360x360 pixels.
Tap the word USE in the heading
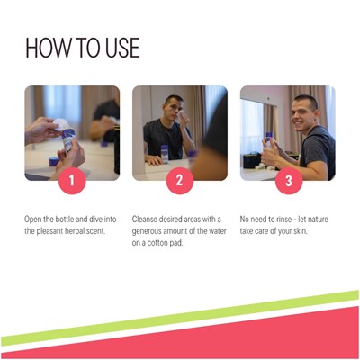tap(122, 48)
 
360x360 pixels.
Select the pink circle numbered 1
tap(72, 181)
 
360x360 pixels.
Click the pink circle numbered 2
tap(180, 181)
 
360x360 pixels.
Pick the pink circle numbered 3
tap(289, 181)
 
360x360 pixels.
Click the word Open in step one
tap(33, 220)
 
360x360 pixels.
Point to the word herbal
tap(76, 231)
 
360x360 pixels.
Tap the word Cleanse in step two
tap(145, 220)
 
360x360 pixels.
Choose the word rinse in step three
tap(283, 220)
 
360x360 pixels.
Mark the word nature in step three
tap(318, 220)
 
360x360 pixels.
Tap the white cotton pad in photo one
tap(61, 124)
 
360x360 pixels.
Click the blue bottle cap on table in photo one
tap(54, 161)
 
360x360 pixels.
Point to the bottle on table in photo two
tap(165, 154)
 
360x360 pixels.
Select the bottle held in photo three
tap(268, 141)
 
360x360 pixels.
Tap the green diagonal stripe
tap(180, 318)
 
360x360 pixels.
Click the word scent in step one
tap(97, 231)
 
